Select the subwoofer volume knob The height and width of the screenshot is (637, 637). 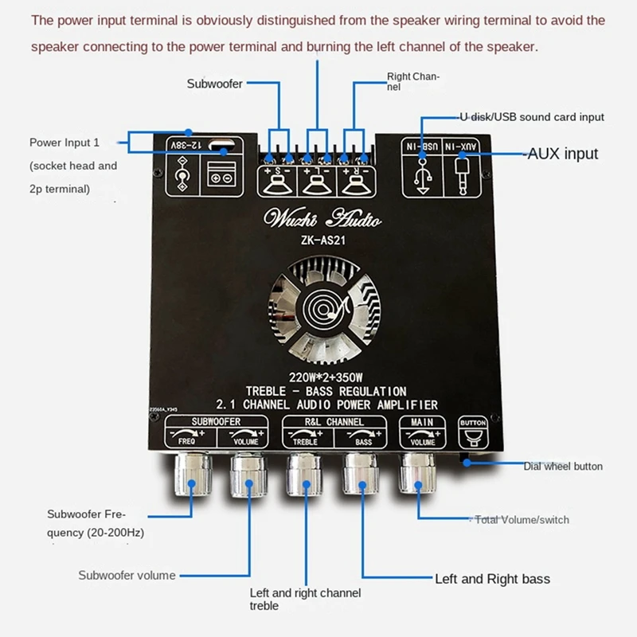tap(248, 476)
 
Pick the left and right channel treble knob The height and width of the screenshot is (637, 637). tap(304, 476)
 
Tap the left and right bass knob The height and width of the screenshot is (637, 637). tap(361, 476)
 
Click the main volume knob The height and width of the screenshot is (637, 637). tap(418, 475)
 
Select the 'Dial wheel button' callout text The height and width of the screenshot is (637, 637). tap(563, 466)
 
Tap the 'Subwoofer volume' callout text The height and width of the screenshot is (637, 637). tap(127, 575)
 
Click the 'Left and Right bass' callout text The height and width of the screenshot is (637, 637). tap(492, 579)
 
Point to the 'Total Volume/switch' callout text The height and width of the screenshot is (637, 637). tap(522, 520)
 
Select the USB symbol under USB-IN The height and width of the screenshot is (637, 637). tap(423, 174)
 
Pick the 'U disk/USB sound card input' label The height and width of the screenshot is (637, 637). tap(531, 117)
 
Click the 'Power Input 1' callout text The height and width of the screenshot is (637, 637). tap(64, 143)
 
